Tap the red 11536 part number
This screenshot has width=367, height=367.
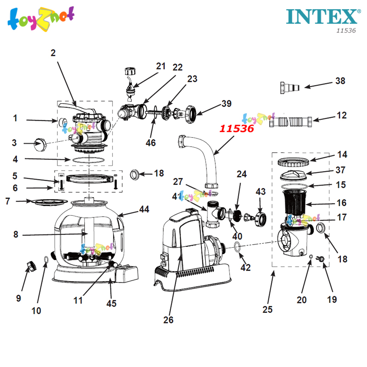pos(236,129)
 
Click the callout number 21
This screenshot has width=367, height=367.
pos(161,66)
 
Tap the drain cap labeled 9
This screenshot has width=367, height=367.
pos(30,266)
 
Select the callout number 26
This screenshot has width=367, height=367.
pos(168,319)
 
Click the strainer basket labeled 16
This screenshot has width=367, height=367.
pos(298,202)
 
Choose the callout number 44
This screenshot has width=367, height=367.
pos(144,210)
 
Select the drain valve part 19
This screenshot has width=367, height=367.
pos(323,260)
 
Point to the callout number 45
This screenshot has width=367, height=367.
pos(111,303)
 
